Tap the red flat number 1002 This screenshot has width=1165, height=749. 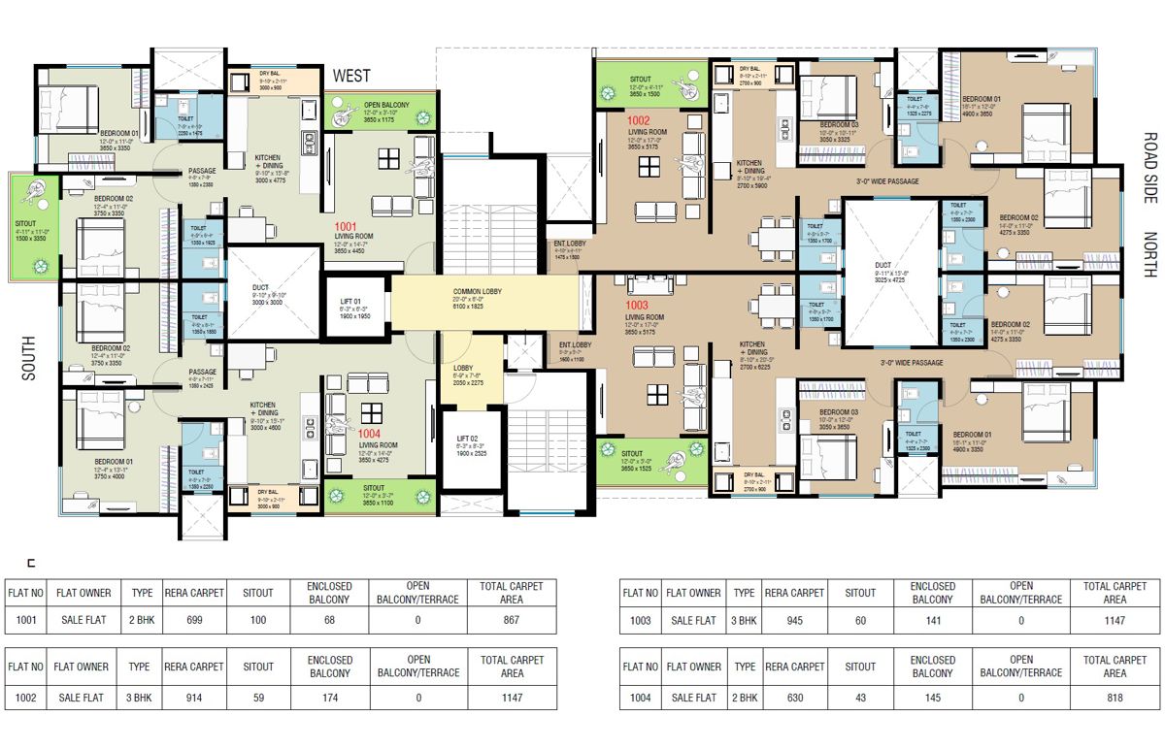[640, 122]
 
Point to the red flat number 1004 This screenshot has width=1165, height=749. [370, 434]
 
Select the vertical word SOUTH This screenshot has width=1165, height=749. [28, 358]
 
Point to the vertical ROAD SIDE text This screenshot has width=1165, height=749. [1149, 167]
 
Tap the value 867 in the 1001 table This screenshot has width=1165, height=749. [513, 620]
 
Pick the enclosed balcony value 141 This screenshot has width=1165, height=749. [932, 620]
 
